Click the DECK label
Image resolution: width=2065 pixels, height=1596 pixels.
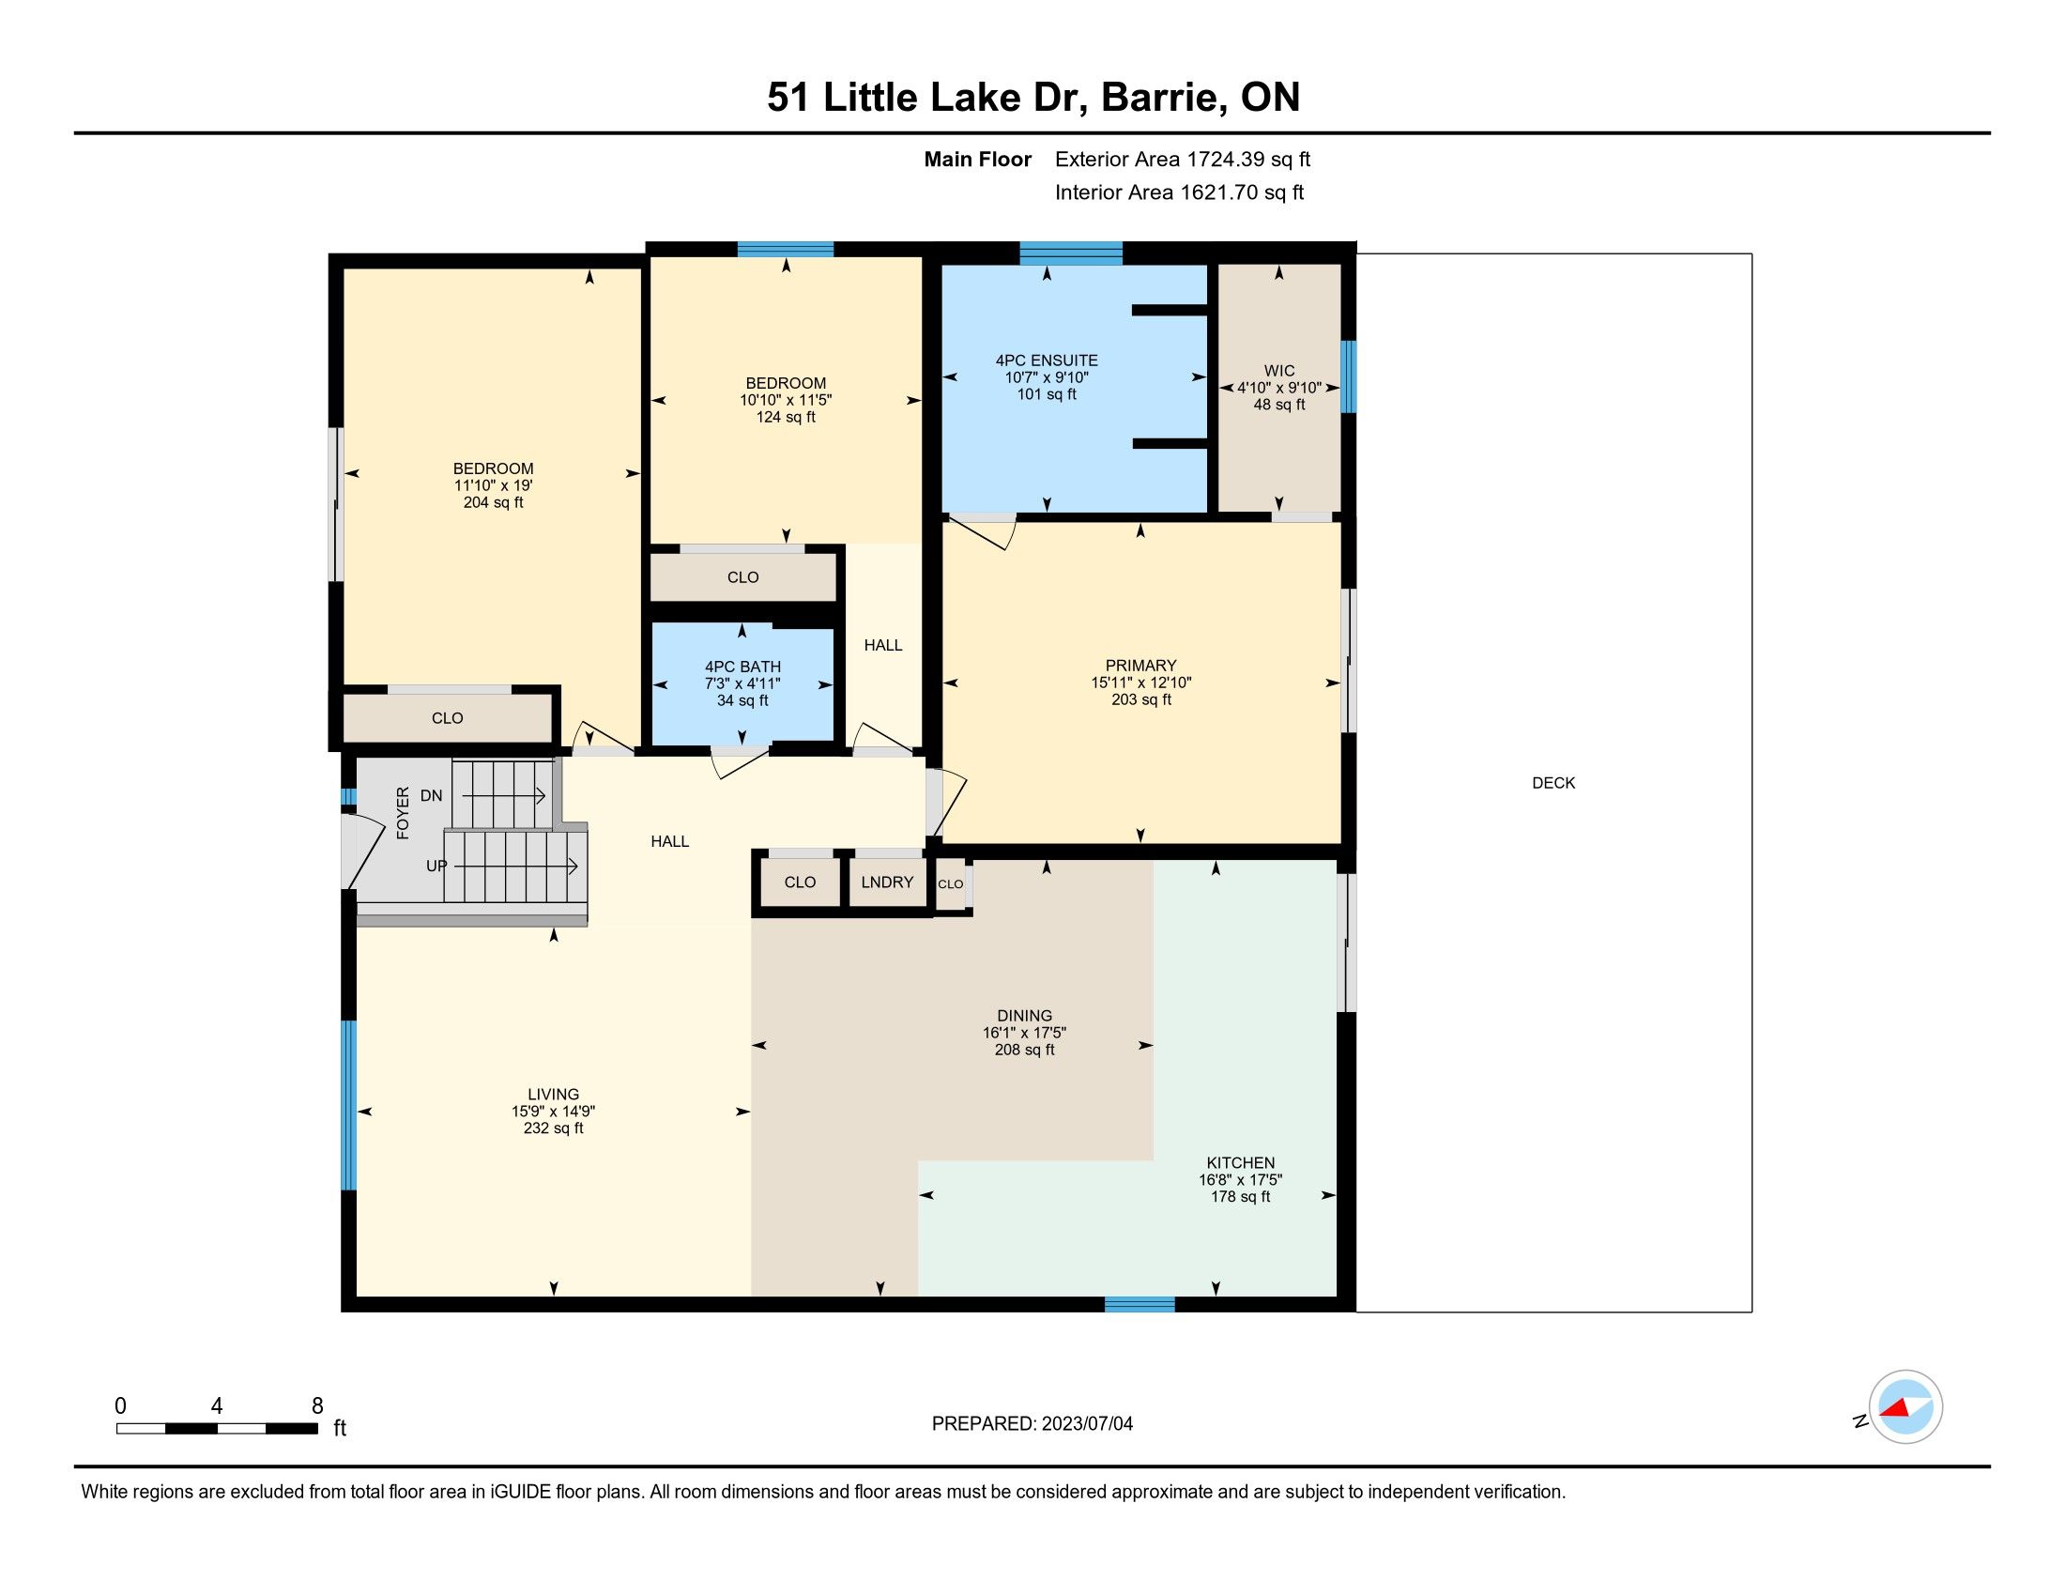(x=1553, y=783)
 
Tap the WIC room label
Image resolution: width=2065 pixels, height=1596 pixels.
(x=1279, y=371)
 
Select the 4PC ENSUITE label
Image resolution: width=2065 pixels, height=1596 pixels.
(x=1047, y=361)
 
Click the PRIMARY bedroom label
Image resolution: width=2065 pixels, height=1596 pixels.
(x=1141, y=666)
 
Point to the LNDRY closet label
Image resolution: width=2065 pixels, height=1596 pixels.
(x=887, y=882)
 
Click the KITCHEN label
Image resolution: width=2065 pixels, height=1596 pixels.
(x=1241, y=1163)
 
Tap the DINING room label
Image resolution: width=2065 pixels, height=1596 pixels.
(x=1024, y=1017)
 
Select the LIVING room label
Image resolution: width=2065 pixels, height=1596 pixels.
(x=553, y=1095)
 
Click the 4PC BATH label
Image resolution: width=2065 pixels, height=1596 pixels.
(x=742, y=667)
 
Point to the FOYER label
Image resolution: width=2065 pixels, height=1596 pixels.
(x=403, y=812)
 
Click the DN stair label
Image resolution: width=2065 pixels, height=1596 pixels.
(x=431, y=796)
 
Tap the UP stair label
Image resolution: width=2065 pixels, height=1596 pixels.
(x=436, y=867)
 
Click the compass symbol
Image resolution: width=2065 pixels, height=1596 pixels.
(x=1905, y=1407)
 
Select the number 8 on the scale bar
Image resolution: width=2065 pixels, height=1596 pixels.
(x=317, y=1406)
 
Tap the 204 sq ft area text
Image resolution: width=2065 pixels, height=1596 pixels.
(x=493, y=503)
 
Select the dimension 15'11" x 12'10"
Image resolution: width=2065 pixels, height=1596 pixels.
(x=1141, y=683)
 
